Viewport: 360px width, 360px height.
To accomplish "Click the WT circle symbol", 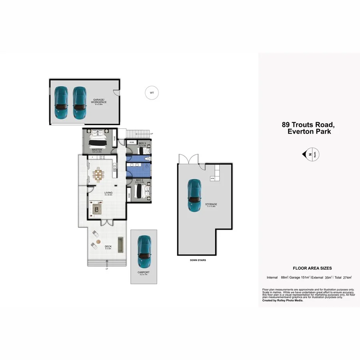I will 152,93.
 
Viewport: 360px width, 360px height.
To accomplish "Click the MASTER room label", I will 97,150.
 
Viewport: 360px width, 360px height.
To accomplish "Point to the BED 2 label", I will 140,180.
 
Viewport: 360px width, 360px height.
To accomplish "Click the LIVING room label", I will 108,193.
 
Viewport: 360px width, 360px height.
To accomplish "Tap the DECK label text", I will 108,246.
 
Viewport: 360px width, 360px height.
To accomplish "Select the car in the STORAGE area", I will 194,195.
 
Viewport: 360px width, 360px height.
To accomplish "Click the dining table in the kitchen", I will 98,174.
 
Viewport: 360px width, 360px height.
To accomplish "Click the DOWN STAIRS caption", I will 198,260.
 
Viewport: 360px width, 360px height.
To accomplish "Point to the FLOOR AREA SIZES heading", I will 312,268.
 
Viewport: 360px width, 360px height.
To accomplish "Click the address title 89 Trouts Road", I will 308,125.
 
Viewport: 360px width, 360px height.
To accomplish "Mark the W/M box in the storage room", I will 212,178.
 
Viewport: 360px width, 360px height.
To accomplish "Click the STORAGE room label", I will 211,204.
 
